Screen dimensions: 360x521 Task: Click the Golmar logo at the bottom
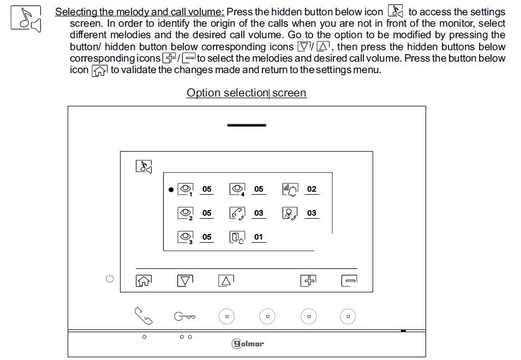click(248, 344)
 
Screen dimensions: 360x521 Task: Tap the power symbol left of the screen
click(110, 279)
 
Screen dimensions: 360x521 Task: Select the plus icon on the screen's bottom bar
click(309, 281)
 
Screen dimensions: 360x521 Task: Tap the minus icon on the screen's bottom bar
click(349, 281)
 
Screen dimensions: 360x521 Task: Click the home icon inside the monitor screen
click(143, 281)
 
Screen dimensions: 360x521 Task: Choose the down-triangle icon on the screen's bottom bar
click(185, 281)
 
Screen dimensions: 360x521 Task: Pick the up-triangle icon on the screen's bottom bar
click(226, 281)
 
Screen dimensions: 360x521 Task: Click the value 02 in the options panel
click(312, 189)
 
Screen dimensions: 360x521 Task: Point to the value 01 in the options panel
click(259, 237)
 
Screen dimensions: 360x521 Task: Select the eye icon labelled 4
click(237, 189)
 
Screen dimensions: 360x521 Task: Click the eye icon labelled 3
click(185, 237)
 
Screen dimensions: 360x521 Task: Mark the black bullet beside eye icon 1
click(171, 190)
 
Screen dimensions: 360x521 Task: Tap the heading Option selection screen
click(247, 93)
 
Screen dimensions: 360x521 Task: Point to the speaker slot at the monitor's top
click(247, 125)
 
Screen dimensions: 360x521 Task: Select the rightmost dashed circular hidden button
click(348, 316)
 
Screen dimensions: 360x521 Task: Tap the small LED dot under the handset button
click(144, 337)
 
